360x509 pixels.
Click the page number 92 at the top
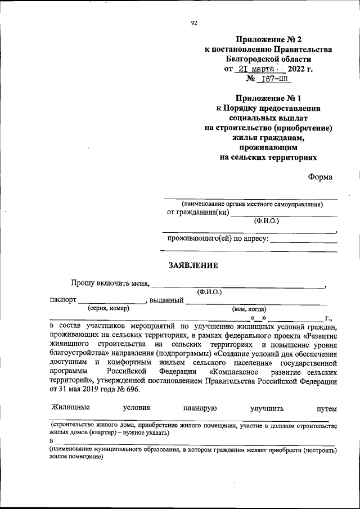(x=194, y=22)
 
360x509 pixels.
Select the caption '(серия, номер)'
(x=108, y=308)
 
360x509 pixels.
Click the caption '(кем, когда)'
(x=249, y=309)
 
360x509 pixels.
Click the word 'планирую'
(x=199, y=408)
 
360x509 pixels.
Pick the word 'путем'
(x=326, y=408)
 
